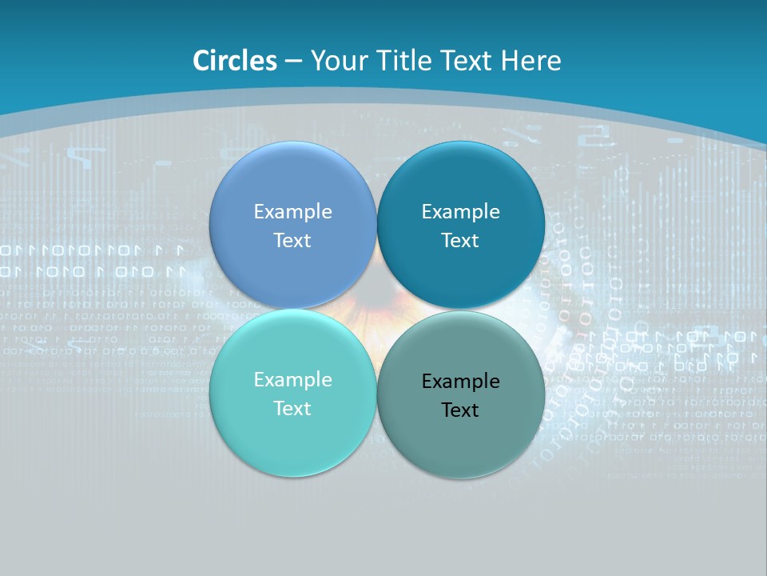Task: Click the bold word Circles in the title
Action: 235,61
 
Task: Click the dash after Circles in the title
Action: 293,62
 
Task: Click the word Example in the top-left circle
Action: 293,212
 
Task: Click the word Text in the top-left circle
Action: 293,241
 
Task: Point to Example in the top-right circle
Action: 461,212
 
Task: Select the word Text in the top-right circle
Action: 461,241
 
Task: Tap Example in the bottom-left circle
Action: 293,380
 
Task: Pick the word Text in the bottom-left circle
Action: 293,409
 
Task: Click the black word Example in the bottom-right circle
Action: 461,382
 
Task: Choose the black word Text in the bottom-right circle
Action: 461,410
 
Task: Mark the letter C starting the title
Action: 201,61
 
